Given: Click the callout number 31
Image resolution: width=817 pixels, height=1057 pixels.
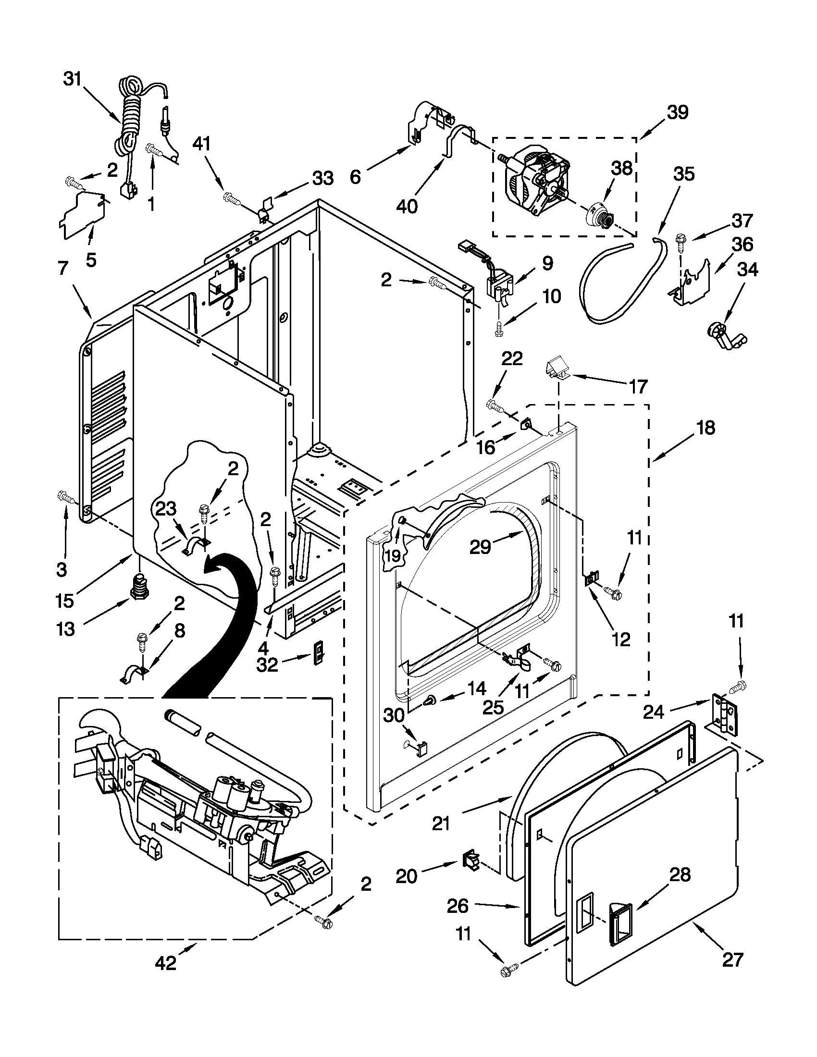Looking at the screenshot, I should click(x=73, y=79).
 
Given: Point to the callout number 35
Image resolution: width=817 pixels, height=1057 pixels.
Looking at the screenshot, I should click(x=683, y=174).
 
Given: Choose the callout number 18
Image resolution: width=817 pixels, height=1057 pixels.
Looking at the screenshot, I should click(x=706, y=428).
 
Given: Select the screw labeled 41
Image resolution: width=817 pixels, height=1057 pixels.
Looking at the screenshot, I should click(x=232, y=198).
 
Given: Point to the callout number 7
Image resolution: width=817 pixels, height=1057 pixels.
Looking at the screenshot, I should click(x=63, y=268).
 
